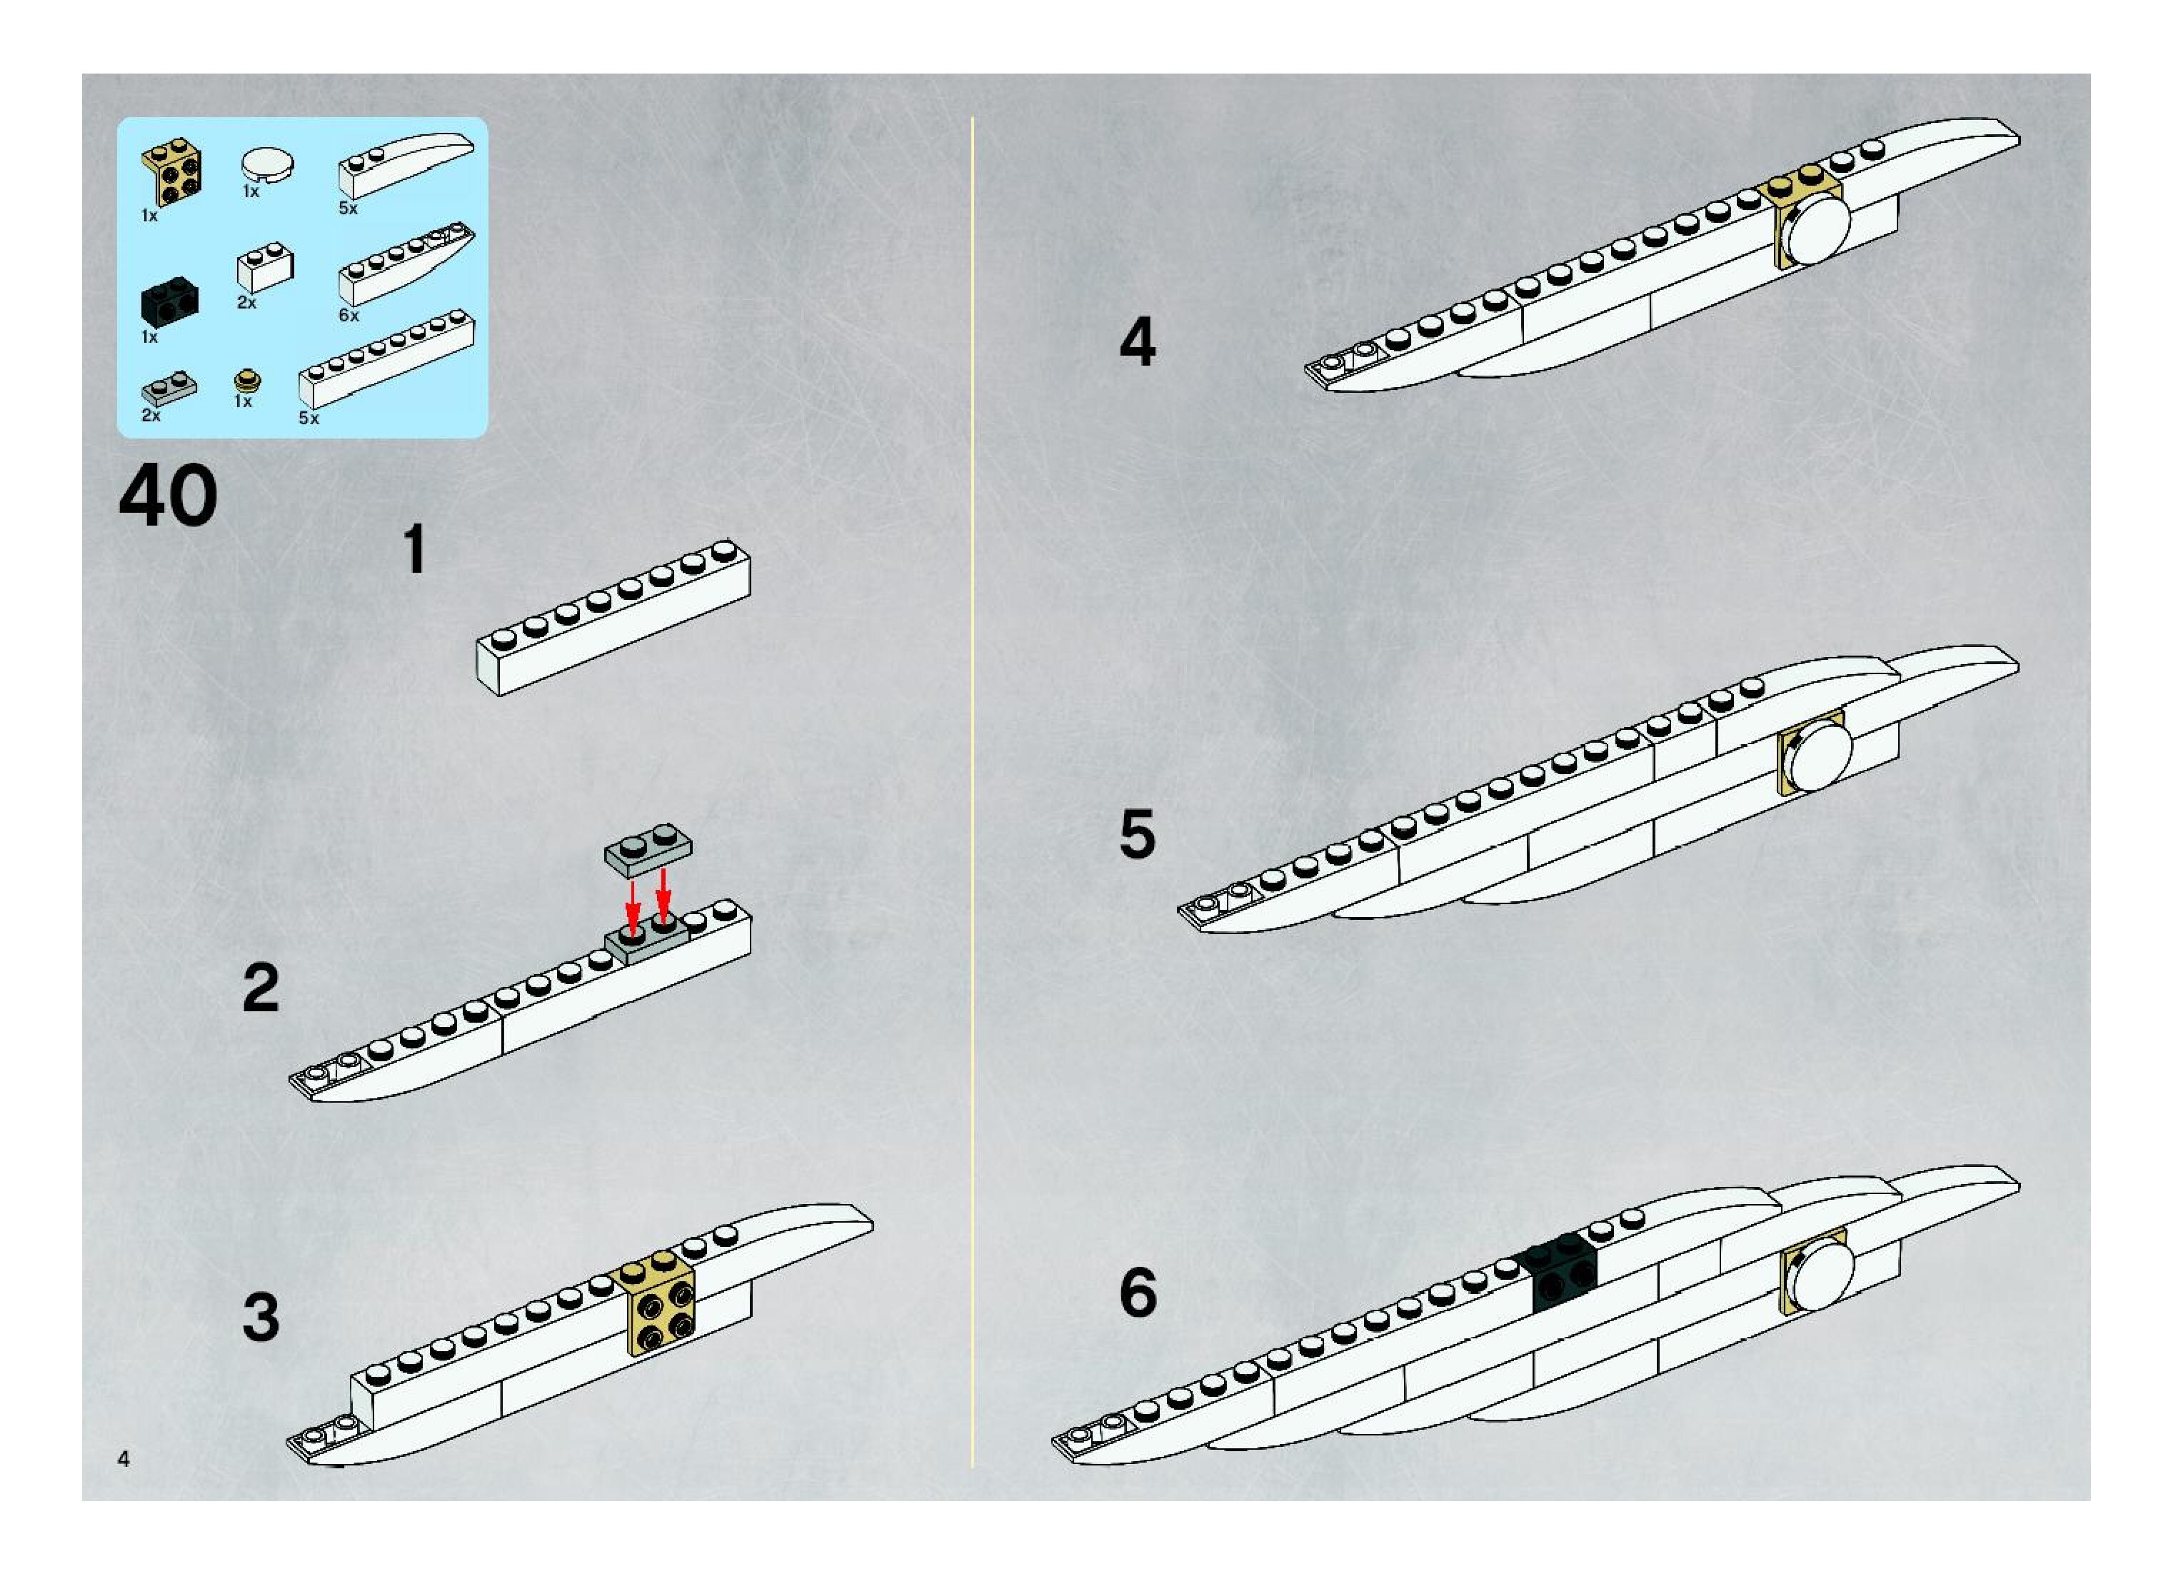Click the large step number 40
(168, 496)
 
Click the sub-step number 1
(414, 549)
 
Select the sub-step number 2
(261, 988)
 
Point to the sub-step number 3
(261, 1318)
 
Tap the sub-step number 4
(1138, 342)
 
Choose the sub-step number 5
(1138, 834)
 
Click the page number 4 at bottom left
(124, 1459)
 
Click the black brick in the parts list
(164, 301)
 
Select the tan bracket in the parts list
(171, 173)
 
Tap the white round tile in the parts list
(268, 164)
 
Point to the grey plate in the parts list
(169, 389)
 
